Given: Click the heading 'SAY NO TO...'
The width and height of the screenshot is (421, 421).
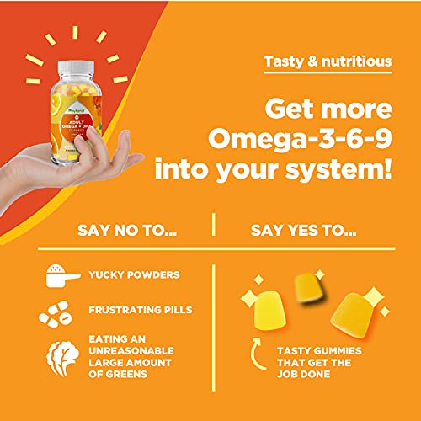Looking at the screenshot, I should pos(115,227).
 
